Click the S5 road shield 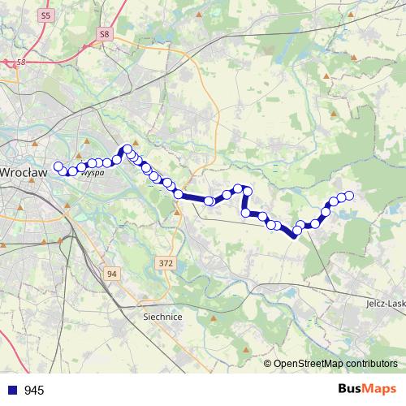click(x=45, y=15)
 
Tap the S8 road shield click(x=104, y=34)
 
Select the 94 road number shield click(x=111, y=274)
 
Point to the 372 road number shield click(x=166, y=263)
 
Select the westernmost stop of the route click(x=58, y=166)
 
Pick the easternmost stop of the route click(x=350, y=195)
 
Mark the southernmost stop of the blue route click(x=296, y=231)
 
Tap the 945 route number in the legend click(x=34, y=391)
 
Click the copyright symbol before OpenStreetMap click(x=268, y=364)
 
